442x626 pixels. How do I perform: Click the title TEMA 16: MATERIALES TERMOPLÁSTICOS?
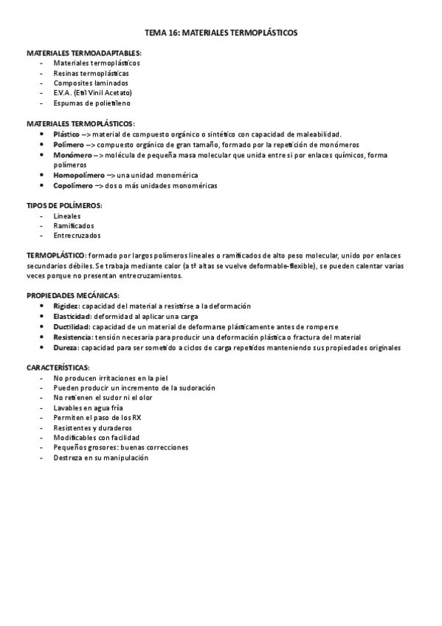[221, 33]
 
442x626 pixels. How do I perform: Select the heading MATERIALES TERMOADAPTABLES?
[84, 54]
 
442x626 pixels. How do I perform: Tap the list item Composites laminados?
[85, 83]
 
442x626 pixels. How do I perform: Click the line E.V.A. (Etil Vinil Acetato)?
[92, 93]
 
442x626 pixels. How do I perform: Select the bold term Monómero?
[72, 155]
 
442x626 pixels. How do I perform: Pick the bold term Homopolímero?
[79, 176]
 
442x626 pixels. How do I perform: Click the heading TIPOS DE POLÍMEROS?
[64, 205]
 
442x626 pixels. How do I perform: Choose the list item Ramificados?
[74, 225]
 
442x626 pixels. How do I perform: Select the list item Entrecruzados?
[77, 235]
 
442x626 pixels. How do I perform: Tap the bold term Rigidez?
[66, 306]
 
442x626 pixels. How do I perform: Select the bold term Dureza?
[66, 347]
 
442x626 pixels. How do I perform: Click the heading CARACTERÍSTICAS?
[58, 367]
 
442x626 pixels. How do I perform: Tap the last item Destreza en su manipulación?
[101, 458]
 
